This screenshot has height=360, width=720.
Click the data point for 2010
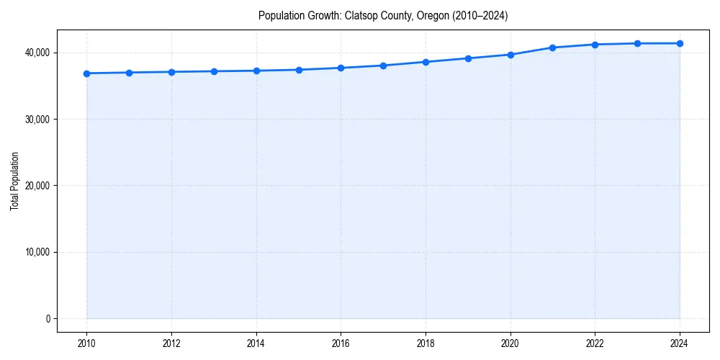(86, 73)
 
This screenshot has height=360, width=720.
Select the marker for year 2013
(214, 71)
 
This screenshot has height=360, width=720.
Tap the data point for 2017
(384, 66)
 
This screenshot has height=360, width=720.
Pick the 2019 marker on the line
(468, 58)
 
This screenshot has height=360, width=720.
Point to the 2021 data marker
(553, 48)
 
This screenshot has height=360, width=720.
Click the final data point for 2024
(680, 43)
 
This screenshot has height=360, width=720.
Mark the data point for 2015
(299, 70)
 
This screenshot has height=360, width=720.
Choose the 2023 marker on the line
(637, 43)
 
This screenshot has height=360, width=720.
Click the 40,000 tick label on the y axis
(38, 53)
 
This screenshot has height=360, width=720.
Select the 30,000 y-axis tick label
(38, 120)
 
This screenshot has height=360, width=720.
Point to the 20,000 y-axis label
(38, 186)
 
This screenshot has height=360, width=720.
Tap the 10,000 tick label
(38, 252)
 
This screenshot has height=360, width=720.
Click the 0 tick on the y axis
(48, 319)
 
